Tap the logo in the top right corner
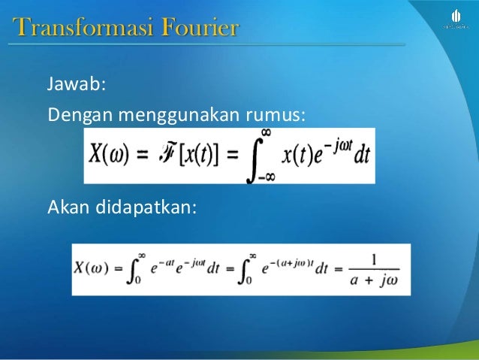(x=456, y=19)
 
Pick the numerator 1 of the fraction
(x=373, y=259)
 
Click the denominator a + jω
(x=373, y=280)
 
